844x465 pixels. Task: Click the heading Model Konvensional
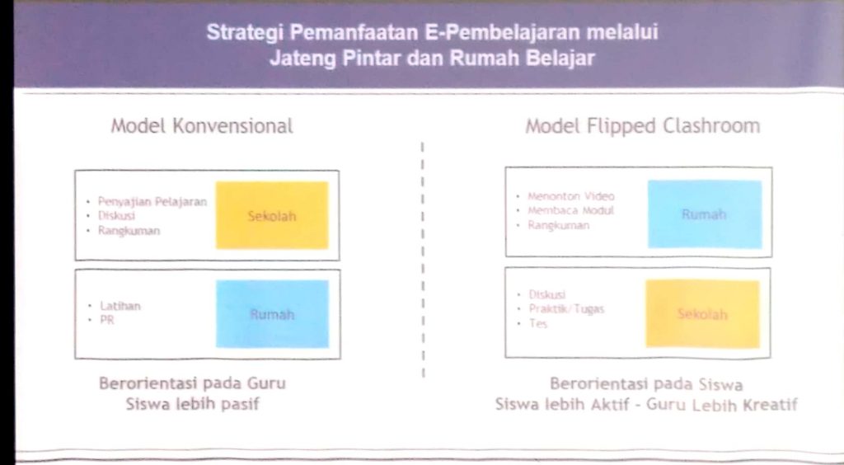(202, 126)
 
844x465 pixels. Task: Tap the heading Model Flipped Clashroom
(643, 126)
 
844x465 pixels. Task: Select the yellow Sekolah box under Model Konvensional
(272, 215)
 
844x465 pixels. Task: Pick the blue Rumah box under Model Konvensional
(272, 314)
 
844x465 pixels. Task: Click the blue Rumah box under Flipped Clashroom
(705, 214)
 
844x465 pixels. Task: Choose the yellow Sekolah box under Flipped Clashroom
(702, 314)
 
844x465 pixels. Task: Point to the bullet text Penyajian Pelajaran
(152, 202)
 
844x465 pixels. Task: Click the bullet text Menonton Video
(571, 196)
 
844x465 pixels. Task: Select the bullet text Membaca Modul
(570, 210)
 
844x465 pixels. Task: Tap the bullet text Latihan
(120, 306)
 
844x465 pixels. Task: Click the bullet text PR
(107, 320)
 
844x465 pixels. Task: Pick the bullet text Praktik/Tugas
(567, 309)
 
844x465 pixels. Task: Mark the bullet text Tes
(538, 323)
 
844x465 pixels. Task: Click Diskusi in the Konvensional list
(116, 216)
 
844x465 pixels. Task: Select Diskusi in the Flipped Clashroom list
(547, 294)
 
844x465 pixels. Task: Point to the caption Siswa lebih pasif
(193, 404)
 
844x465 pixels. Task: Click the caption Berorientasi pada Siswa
(646, 384)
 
